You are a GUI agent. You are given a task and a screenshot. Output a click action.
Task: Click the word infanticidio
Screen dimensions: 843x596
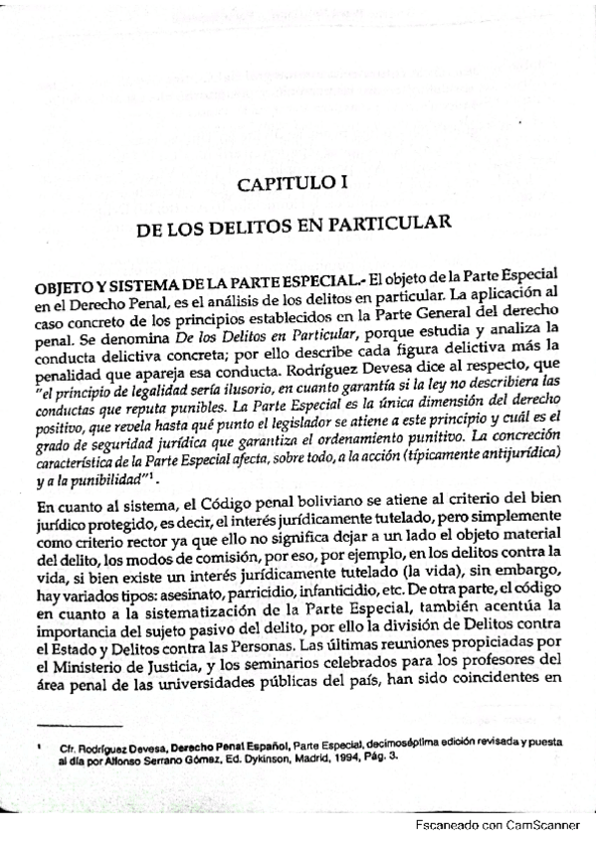pyautogui.click(x=342, y=571)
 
